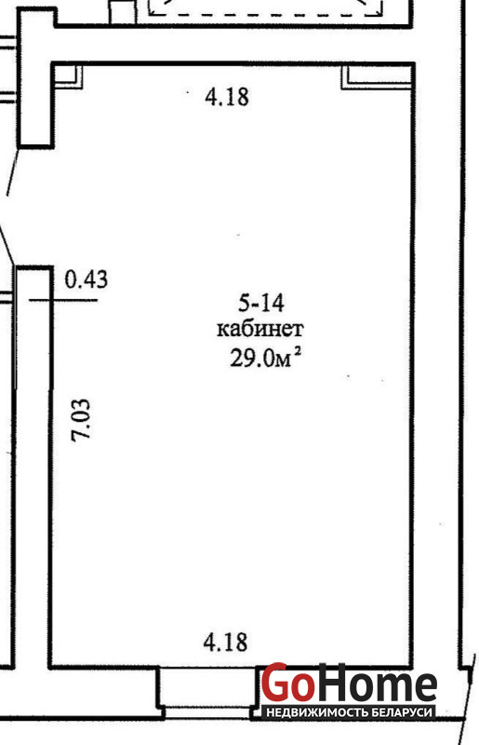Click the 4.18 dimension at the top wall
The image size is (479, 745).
[226, 97]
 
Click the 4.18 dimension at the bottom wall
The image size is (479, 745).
[225, 642]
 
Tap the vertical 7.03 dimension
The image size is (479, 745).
[80, 420]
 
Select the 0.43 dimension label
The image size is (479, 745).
[86, 278]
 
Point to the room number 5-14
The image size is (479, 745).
[261, 303]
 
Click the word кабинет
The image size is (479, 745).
[260, 329]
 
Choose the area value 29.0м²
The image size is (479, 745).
[266, 357]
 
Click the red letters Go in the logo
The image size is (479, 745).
[287, 683]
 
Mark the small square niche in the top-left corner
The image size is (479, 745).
[68, 75]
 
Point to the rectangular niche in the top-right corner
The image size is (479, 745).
[377, 76]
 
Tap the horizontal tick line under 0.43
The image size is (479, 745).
[63, 300]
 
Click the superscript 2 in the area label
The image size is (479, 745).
[298, 352]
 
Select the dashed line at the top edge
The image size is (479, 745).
[266, 13]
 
